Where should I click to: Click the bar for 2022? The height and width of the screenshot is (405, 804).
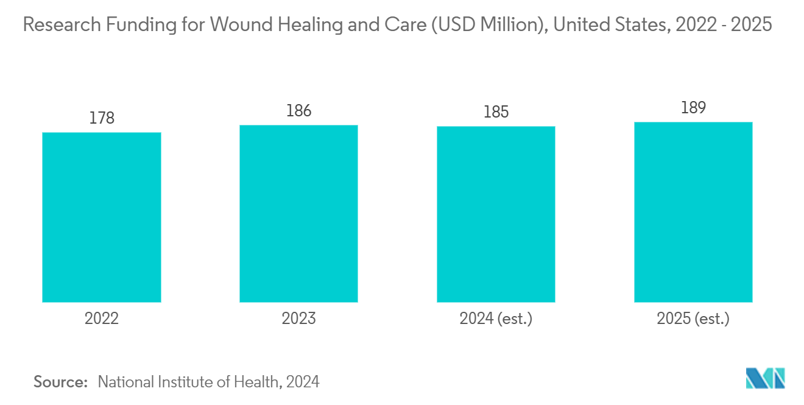(x=101, y=217)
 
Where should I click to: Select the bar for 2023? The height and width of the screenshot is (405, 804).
(x=298, y=213)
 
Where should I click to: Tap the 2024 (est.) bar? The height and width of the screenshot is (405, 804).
(x=496, y=214)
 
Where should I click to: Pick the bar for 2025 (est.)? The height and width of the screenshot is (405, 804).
(x=693, y=212)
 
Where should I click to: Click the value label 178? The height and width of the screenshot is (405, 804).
(x=102, y=118)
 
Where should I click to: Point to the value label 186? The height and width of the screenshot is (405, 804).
(x=298, y=110)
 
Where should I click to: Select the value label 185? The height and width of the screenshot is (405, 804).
(x=496, y=111)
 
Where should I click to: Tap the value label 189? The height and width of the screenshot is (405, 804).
(x=693, y=108)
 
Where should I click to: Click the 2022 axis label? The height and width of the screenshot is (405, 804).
(x=102, y=319)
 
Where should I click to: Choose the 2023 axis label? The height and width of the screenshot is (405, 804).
(x=298, y=319)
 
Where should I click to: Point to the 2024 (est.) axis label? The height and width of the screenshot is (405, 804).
(x=496, y=319)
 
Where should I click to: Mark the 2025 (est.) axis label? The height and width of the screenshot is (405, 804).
(x=693, y=319)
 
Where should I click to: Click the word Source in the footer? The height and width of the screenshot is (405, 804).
(x=60, y=382)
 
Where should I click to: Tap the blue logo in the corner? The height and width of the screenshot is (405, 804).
(x=766, y=378)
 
